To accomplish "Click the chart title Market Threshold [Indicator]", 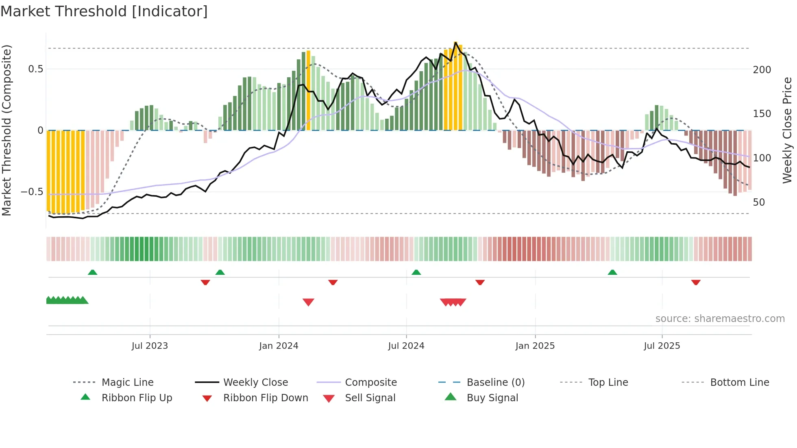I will (104, 11).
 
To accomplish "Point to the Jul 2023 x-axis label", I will (150, 346).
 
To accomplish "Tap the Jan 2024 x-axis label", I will (279, 346).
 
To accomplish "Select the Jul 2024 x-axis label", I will (406, 346).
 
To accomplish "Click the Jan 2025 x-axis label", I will (535, 346).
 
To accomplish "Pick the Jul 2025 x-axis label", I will (662, 346).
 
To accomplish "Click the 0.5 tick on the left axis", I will (35, 69).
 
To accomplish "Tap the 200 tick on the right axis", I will (762, 70).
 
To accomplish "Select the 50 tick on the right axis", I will (759, 202).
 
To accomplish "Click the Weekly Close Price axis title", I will (787, 130).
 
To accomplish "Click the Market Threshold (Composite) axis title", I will (7, 130).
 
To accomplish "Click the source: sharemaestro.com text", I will (720, 319).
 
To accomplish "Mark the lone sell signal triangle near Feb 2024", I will (308, 302).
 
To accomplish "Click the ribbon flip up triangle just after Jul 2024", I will (416, 272).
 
